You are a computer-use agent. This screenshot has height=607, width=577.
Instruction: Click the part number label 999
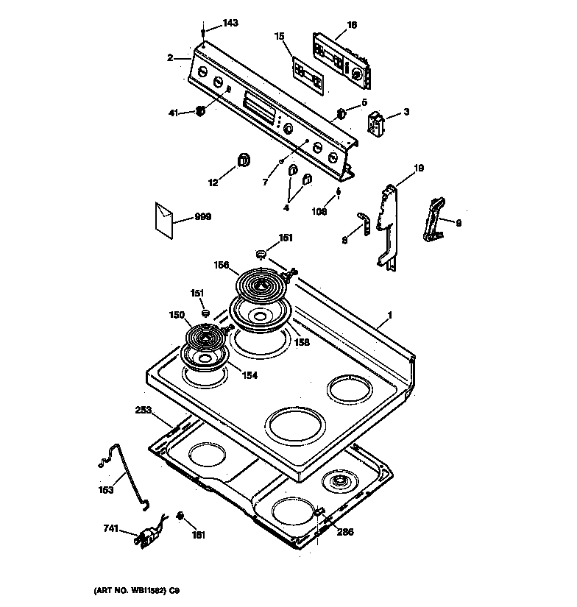pyautogui.click(x=202, y=218)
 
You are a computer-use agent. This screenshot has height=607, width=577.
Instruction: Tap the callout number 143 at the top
pyautogui.click(x=230, y=24)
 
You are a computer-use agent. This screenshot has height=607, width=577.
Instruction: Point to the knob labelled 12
pyautogui.click(x=243, y=160)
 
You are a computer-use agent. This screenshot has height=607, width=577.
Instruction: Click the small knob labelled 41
pyautogui.click(x=199, y=112)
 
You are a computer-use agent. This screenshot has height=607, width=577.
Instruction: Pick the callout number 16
pyautogui.click(x=351, y=25)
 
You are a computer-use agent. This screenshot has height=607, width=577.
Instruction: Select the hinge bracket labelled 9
pyautogui.click(x=436, y=219)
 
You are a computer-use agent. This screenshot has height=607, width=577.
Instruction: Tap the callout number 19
pyautogui.click(x=418, y=168)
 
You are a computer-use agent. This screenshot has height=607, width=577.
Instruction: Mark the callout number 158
pyautogui.click(x=302, y=342)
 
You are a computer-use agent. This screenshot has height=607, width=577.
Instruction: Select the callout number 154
pyautogui.click(x=250, y=375)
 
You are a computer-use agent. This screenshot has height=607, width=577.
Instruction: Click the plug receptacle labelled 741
pyautogui.click(x=149, y=537)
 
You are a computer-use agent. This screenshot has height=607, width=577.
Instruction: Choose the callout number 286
pyautogui.click(x=345, y=532)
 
